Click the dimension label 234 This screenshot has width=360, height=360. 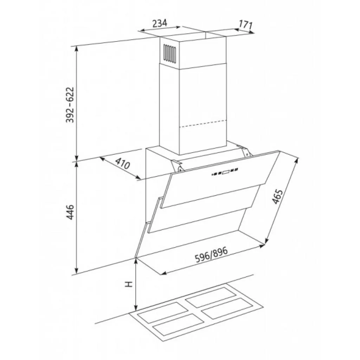pos(160,24)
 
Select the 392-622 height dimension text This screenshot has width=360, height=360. pos(70,105)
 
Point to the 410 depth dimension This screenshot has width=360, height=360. pos(122,163)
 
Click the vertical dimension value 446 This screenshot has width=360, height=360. pos(70,212)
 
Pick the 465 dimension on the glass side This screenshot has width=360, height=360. pos(277,197)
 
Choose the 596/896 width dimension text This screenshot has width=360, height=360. pos(211,255)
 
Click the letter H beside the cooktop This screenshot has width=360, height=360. pos(129,284)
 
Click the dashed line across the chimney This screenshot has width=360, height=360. pos(203,123)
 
